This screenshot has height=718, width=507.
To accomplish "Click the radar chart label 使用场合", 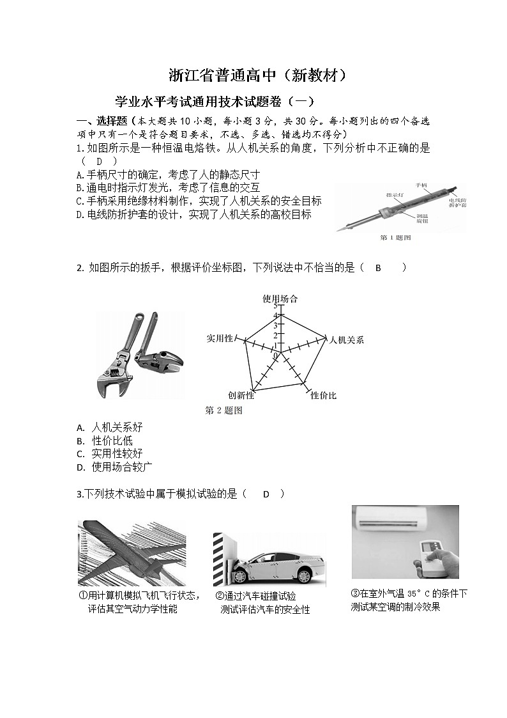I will tap(280, 299).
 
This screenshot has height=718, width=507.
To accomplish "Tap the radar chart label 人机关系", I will tap(346, 339).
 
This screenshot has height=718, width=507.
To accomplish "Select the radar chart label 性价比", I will tap(323, 396).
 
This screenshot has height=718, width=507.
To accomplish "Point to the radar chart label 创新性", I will tap(241, 396).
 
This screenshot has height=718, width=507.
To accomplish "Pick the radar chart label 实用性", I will tap(219, 338).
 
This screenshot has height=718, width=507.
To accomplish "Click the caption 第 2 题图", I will tap(223, 410).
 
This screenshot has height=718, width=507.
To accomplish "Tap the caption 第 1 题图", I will tap(395, 238).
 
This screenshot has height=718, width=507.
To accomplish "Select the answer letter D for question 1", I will tap(99, 161).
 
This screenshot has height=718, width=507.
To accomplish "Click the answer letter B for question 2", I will tap(378, 268).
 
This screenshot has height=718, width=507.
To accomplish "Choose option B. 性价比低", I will tap(105, 441).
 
